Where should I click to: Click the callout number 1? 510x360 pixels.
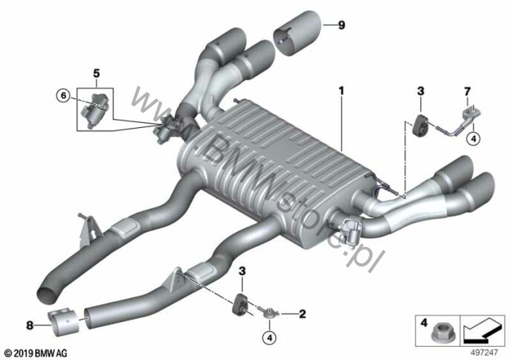pyautogui.click(x=342, y=91)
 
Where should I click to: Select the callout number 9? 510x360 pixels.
pyautogui.click(x=341, y=25)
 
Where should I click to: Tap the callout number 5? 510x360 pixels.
pyautogui.click(x=96, y=73)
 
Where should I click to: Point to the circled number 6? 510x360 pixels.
pyautogui.click(x=63, y=95)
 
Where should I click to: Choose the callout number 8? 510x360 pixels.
pyautogui.click(x=30, y=324)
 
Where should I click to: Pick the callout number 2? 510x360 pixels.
pyautogui.click(x=303, y=314)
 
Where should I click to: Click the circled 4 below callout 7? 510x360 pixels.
pyautogui.click(x=473, y=137)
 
